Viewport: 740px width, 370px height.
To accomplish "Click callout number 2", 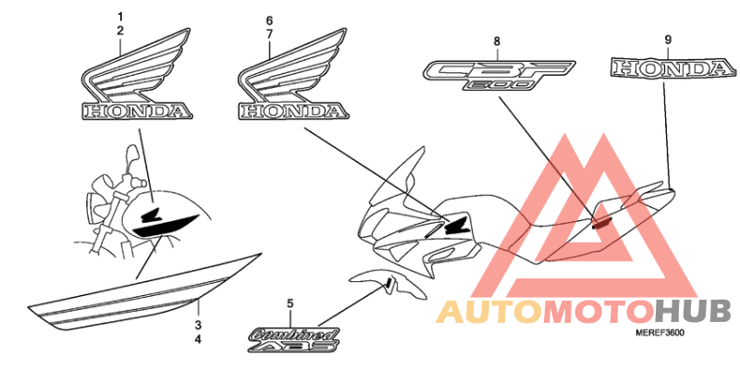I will pyautogui.click(x=119, y=31).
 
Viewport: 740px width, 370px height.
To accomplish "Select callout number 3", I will pyautogui.click(x=197, y=326).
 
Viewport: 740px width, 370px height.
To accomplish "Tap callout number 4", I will pyautogui.click(x=197, y=339).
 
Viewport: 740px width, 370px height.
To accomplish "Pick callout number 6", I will pyautogui.click(x=269, y=20).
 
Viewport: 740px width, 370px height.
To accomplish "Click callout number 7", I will pyautogui.click(x=269, y=33).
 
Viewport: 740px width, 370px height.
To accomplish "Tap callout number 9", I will pyautogui.click(x=667, y=39).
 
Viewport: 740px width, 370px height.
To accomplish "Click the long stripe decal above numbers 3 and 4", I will pyautogui.click(x=139, y=291).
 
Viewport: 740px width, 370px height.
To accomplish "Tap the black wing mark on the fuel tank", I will pyautogui.click(x=166, y=220).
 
